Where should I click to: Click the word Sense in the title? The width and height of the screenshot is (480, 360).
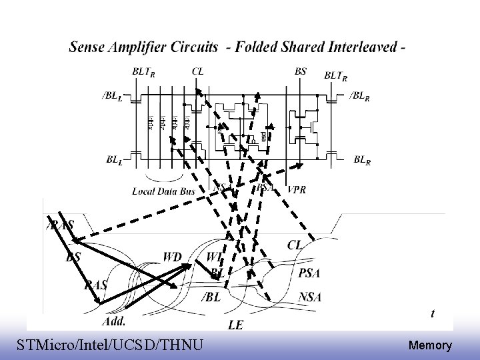click(89, 47)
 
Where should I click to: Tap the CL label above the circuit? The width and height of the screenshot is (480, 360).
click(198, 71)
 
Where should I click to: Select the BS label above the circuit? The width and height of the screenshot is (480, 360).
click(301, 71)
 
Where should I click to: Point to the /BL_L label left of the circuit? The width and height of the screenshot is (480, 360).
click(111, 97)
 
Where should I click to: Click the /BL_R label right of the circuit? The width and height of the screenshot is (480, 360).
click(363, 97)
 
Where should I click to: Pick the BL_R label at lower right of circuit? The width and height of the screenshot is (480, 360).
click(362, 160)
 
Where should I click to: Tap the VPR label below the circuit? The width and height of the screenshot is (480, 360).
click(297, 190)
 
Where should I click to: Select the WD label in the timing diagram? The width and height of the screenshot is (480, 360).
click(171, 257)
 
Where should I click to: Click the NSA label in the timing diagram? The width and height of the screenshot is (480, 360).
click(310, 296)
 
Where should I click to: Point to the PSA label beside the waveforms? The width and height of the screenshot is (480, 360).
click(310, 272)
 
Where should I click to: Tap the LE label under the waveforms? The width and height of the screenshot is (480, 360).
click(235, 325)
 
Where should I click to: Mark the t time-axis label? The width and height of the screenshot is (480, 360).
click(434, 313)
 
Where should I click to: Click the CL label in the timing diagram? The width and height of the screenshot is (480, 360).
click(295, 245)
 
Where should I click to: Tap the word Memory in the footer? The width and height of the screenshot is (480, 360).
click(430, 346)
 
